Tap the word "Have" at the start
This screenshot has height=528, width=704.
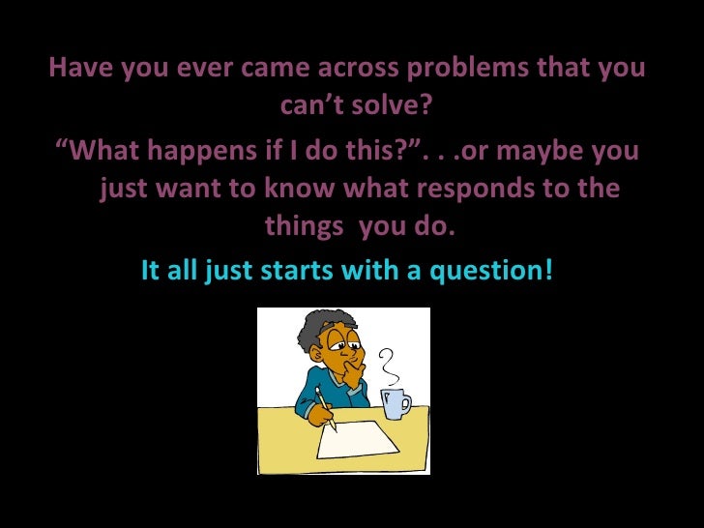click(81, 71)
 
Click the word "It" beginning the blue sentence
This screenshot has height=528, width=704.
click(151, 271)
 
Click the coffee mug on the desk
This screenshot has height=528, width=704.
click(396, 401)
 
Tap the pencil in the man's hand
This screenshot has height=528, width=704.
click(326, 407)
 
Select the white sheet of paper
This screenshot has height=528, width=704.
click(362, 440)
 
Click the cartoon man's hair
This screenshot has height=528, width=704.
click(317, 332)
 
